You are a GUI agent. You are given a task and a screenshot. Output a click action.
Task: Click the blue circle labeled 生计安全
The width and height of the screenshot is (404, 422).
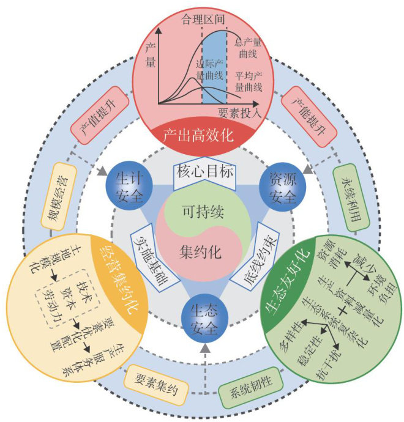point(127,184)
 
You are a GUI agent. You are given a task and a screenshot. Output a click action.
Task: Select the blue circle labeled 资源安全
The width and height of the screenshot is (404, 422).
point(279,184)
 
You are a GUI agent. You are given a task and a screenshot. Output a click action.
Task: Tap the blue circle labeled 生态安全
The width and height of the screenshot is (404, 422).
point(203,318)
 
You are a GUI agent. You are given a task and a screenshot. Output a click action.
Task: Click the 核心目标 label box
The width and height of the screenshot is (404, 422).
point(203,172)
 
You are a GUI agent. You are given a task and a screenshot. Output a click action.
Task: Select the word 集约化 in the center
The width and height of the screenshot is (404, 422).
point(203,251)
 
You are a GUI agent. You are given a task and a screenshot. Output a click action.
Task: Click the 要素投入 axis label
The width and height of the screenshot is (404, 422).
point(239,113)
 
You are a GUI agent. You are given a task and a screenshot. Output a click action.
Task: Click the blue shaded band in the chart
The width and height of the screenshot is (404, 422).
point(214,67)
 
